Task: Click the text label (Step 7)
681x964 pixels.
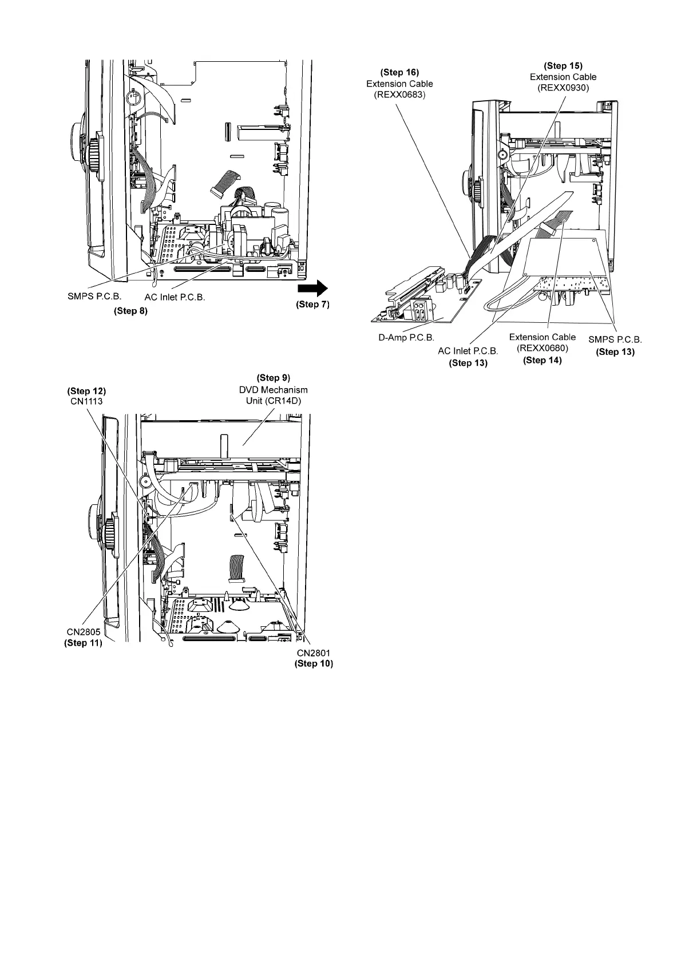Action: click(x=312, y=305)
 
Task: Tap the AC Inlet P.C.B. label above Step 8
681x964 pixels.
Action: click(x=175, y=298)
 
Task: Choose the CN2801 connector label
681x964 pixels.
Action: click(x=313, y=653)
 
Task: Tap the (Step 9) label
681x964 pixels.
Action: click(x=274, y=378)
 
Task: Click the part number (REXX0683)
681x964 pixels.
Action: click(x=399, y=94)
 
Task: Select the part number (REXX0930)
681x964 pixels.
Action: click(x=563, y=87)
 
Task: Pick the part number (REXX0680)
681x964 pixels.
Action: click(x=542, y=348)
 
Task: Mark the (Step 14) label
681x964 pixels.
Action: click(x=542, y=360)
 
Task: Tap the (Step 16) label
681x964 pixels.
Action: click(x=399, y=73)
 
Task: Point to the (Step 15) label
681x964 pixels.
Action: click(x=563, y=66)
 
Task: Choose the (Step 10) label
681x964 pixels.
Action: click(x=313, y=664)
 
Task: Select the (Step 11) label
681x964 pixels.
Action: click(x=83, y=643)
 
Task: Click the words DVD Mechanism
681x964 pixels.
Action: click(x=273, y=389)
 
